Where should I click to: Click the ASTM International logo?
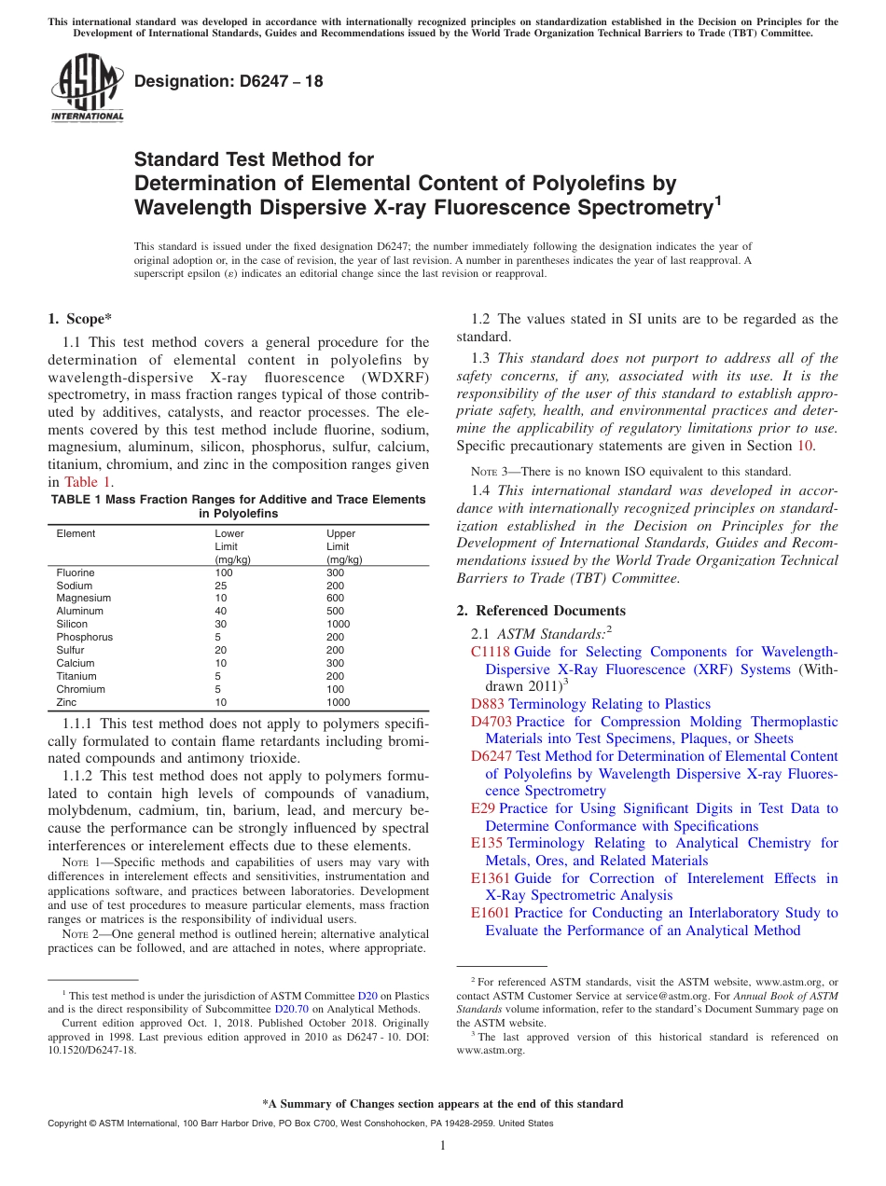click(x=86, y=88)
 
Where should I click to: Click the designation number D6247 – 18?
click(x=228, y=81)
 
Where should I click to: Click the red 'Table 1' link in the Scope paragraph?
click(x=88, y=482)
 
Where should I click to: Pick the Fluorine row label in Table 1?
click(x=76, y=572)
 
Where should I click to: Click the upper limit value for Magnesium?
click(x=336, y=599)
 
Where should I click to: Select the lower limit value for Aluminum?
click(x=221, y=612)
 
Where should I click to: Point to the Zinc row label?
click(x=67, y=702)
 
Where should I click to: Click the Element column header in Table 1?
click(x=76, y=533)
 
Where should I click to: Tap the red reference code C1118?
click(x=491, y=653)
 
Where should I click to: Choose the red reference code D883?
click(x=488, y=705)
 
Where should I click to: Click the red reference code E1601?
click(x=491, y=914)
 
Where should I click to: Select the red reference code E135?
click(x=487, y=844)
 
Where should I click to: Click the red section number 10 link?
click(x=808, y=447)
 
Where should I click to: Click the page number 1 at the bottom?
click(x=443, y=1145)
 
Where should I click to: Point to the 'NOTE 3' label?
click(x=491, y=472)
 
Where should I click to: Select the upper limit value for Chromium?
click(x=336, y=689)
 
